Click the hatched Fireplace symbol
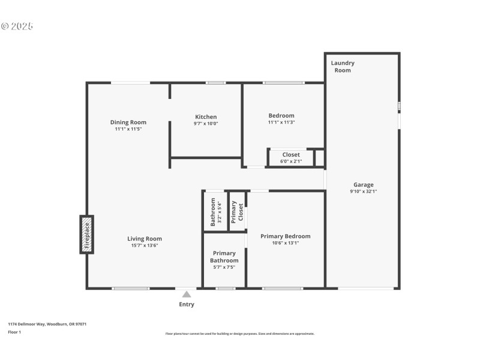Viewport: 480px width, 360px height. pyautogui.click(x=86, y=234)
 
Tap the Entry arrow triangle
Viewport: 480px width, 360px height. pyautogui.click(x=187, y=294)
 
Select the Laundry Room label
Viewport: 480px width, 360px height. pyautogui.click(x=343, y=67)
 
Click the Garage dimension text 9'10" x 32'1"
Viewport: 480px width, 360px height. pyautogui.click(x=363, y=191)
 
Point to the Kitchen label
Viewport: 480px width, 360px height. pyautogui.click(x=206, y=117)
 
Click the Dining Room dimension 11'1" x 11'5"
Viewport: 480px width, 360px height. pyautogui.click(x=128, y=129)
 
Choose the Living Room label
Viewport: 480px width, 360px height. pyautogui.click(x=145, y=239)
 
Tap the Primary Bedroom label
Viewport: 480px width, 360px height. pyautogui.click(x=285, y=236)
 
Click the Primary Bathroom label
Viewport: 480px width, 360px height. pyautogui.click(x=224, y=257)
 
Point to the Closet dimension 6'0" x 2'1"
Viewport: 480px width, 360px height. pyautogui.click(x=291, y=161)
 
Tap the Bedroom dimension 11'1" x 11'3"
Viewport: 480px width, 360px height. pyautogui.click(x=281, y=122)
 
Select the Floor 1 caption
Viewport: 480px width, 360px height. pyautogui.click(x=14, y=332)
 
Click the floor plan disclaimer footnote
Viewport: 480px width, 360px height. pyautogui.click(x=239, y=334)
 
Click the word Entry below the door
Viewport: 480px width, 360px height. pyautogui.click(x=187, y=304)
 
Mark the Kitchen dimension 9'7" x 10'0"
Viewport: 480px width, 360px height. pyautogui.click(x=206, y=124)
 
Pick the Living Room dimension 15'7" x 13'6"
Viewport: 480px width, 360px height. pyautogui.click(x=145, y=245)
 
